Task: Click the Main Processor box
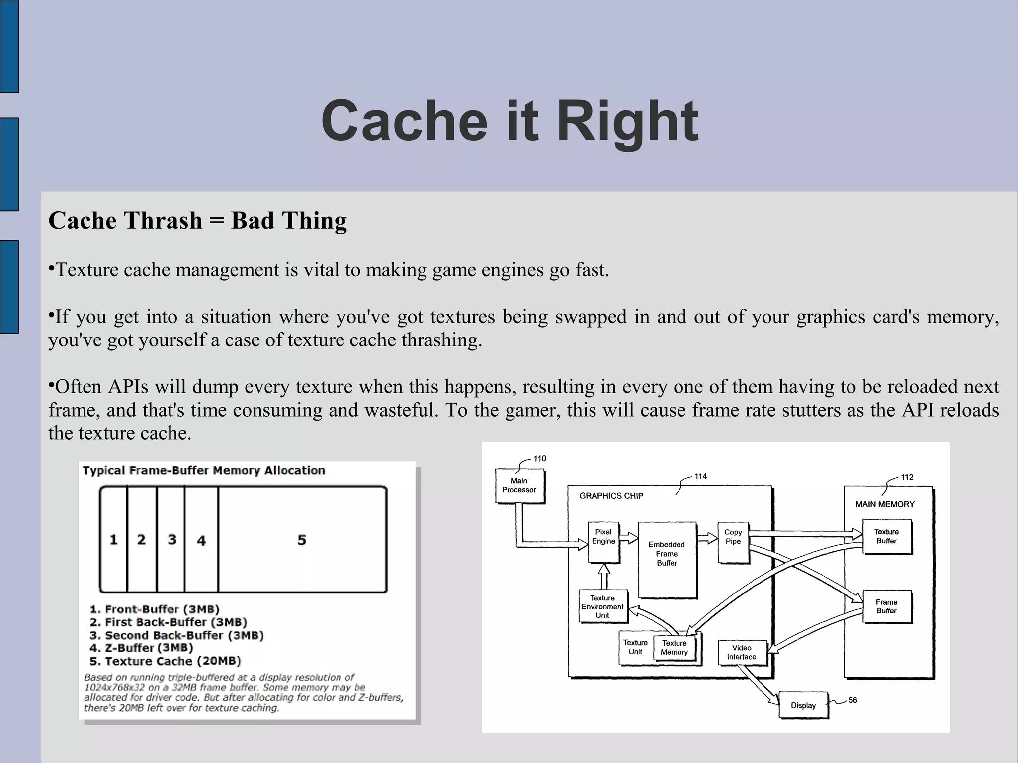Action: [x=519, y=486]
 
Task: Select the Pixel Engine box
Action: [x=603, y=541]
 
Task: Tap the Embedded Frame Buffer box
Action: [x=667, y=559]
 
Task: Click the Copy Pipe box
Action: [x=733, y=541]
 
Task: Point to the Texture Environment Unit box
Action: [x=602, y=606]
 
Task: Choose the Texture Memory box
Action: [x=675, y=648]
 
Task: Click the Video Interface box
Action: [x=742, y=652]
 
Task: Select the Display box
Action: [x=803, y=705]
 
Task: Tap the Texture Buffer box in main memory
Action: [x=886, y=536]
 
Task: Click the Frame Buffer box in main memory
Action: [x=886, y=606]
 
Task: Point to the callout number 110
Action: [x=540, y=459]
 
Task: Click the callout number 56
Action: [x=853, y=700]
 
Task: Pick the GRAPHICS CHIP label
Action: [x=611, y=496]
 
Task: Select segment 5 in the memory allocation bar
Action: [x=302, y=540]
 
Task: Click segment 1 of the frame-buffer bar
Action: [x=114, y=540]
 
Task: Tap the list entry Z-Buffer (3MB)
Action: [x=142, y=648]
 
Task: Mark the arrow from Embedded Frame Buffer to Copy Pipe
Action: [x=707, y=538]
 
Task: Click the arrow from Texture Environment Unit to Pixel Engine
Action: [x=604, y=577]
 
